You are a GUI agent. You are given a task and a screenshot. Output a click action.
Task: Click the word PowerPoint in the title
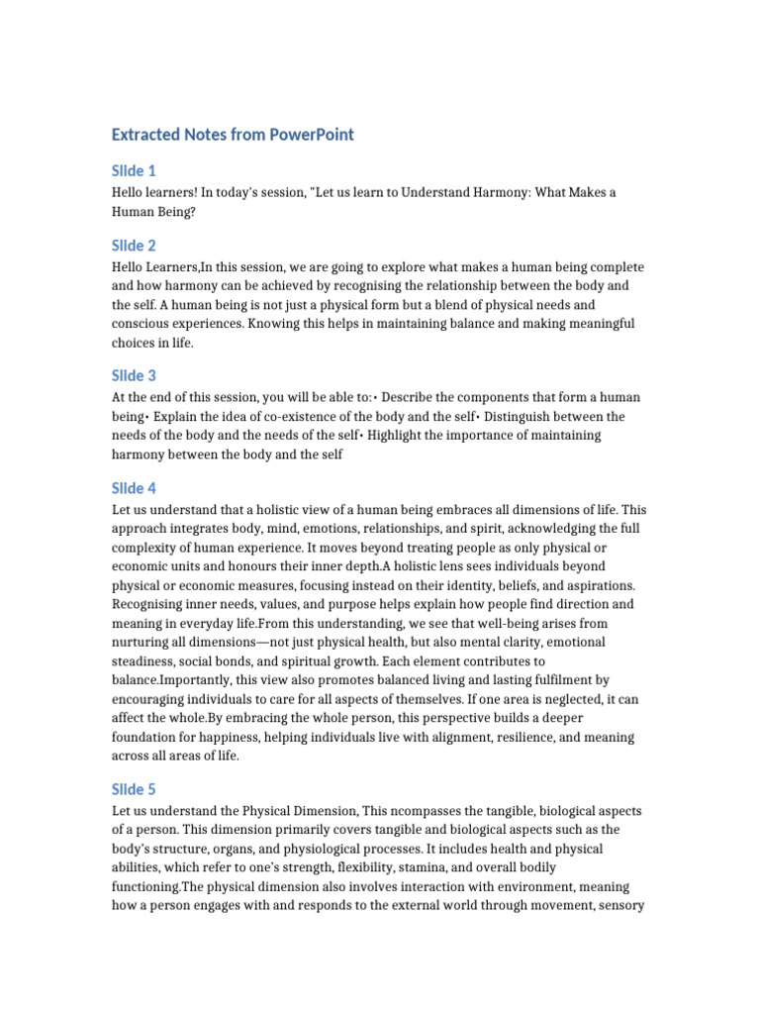(311, 135)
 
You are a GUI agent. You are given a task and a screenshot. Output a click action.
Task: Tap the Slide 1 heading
(134, 170)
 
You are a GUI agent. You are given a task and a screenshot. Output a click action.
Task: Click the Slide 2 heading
(134, 246)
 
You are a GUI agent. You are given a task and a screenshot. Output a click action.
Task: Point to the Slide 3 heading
(134, 375)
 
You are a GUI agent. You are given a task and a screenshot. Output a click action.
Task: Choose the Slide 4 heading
(134, 488)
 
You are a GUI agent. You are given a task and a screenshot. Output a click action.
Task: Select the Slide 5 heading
(134, 789)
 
